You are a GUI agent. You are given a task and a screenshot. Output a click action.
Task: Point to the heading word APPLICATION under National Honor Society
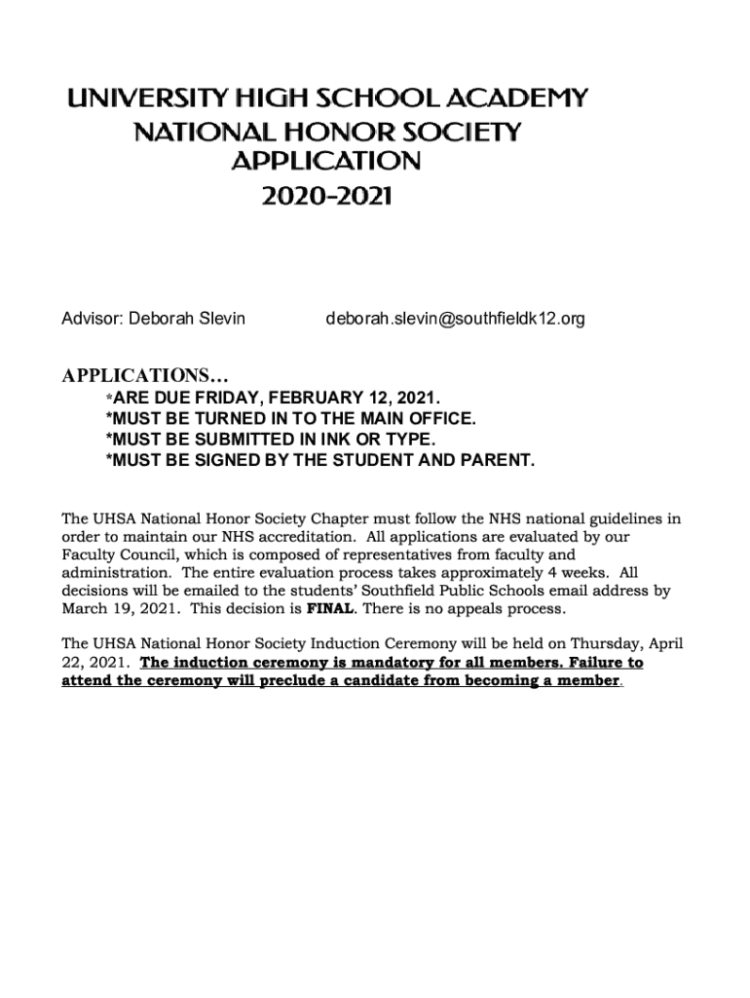326,163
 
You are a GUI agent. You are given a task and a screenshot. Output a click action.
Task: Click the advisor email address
455,319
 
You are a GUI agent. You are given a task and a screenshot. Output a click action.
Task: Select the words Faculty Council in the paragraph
117,555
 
